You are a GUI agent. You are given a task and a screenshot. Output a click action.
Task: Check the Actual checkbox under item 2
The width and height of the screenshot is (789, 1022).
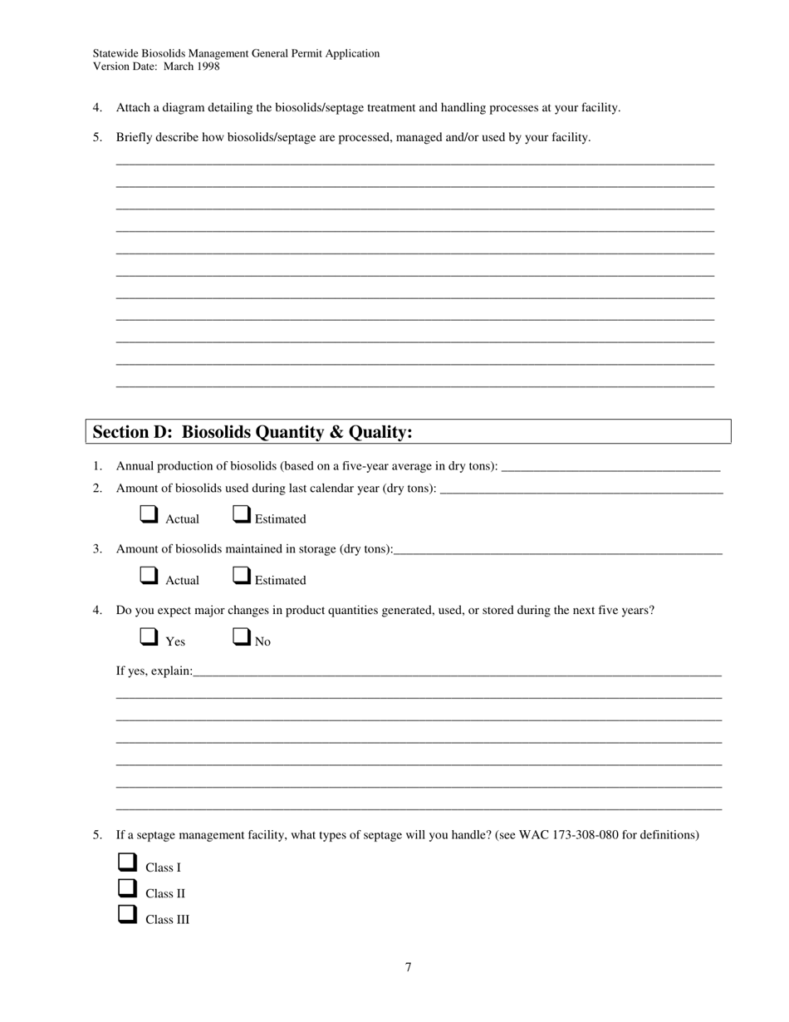[x=149, y=515]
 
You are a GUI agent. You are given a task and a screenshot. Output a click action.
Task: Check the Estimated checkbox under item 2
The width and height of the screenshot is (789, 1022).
[x=241, y=515]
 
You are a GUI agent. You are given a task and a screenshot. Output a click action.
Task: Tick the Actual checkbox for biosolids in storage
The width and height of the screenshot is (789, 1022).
[x=149, y=575]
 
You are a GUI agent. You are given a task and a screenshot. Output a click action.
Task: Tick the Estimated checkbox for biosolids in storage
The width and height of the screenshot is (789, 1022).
[x=241, y=575]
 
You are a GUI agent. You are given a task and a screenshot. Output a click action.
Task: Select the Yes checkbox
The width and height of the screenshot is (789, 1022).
[x=149, y=636]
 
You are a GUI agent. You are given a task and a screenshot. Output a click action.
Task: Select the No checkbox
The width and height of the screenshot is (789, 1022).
[x=241, y=636]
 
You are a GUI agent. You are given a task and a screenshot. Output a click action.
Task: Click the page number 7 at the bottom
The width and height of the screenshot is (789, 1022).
[x=409, y=967]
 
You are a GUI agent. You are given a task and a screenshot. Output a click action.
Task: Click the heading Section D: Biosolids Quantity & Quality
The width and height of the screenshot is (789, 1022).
[x=252, y=432]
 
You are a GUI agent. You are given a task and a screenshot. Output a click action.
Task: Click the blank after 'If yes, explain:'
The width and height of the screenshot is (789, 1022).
[x=457, y=671]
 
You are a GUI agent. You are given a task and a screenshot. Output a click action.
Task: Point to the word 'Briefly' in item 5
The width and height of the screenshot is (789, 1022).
[x=135, y=137]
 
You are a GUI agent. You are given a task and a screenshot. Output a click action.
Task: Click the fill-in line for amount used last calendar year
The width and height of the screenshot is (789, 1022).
[x=581, y=488]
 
